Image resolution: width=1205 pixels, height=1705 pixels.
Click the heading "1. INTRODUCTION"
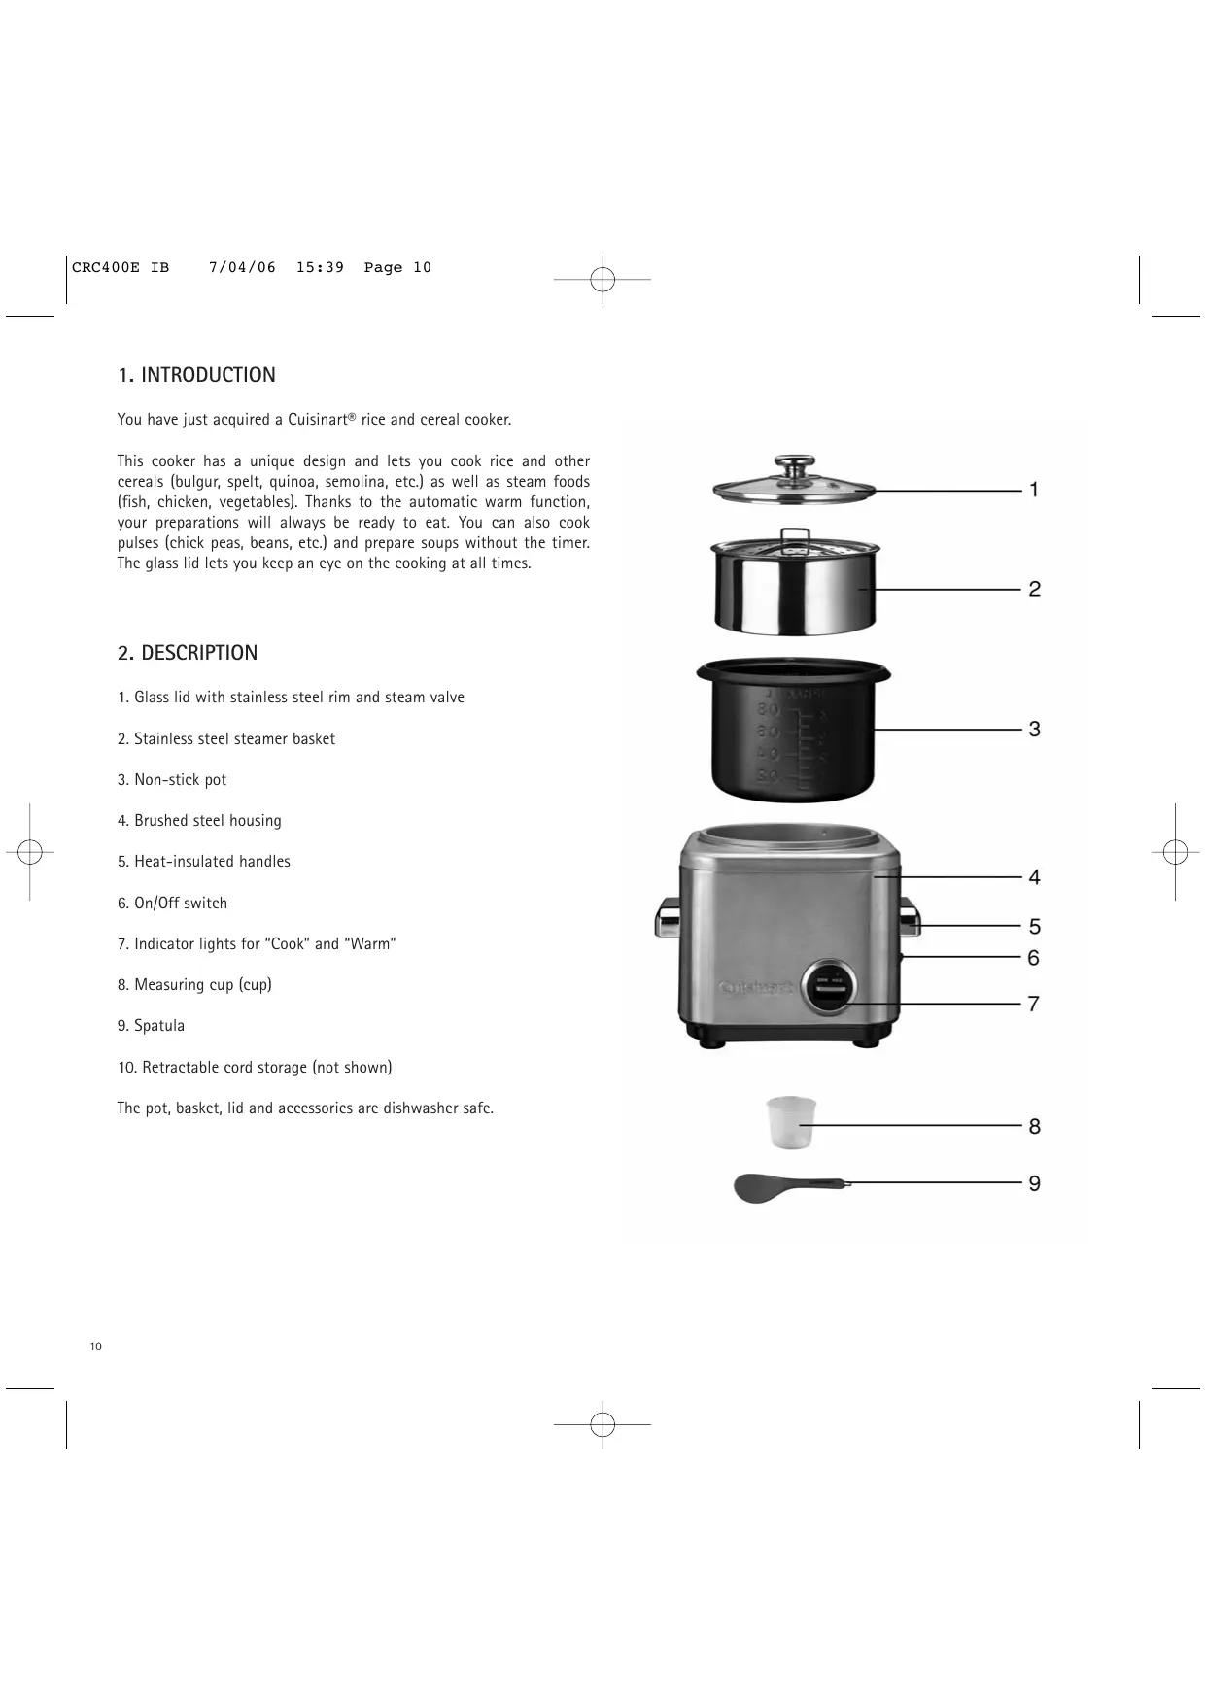tap(196, 375)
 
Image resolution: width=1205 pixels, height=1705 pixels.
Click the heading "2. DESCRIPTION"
tap(188, 653)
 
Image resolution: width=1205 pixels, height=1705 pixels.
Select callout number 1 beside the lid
tap(1034, 490)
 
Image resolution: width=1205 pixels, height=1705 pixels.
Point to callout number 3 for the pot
tap(1034, 729)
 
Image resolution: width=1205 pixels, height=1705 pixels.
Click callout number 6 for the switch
tap(1034, 958)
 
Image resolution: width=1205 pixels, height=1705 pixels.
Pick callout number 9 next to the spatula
tap(1034, 1183)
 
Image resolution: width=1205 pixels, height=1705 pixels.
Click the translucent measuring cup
tap(791, 1121)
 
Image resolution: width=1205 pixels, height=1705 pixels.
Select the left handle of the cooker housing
tap(668, 917)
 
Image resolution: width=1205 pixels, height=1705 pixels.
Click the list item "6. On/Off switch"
tap(172, 904)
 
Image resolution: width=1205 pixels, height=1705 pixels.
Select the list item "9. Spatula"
tap(151, 1026)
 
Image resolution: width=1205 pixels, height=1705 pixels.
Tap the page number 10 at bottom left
tap(95, 1347)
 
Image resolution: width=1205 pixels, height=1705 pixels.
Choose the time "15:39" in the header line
tap(320, 268)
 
